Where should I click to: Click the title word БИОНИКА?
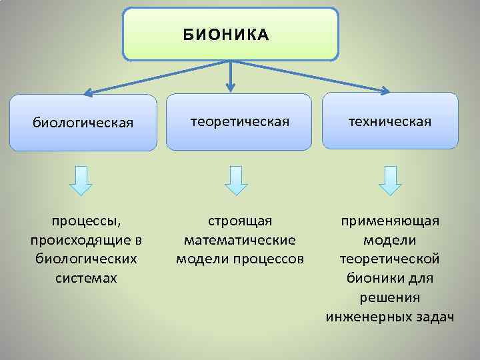point(226,35)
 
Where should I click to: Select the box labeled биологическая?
point(83,122)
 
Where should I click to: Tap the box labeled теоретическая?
point(239,121)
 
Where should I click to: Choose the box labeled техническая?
point(390,121)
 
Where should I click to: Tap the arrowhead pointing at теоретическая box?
point(230,87)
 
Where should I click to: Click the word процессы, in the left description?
point(83,220)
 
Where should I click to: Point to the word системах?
point(83,277)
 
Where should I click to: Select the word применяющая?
point(390,220)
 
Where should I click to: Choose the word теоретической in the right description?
point(390,258)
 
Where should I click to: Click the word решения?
point(390,296)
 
